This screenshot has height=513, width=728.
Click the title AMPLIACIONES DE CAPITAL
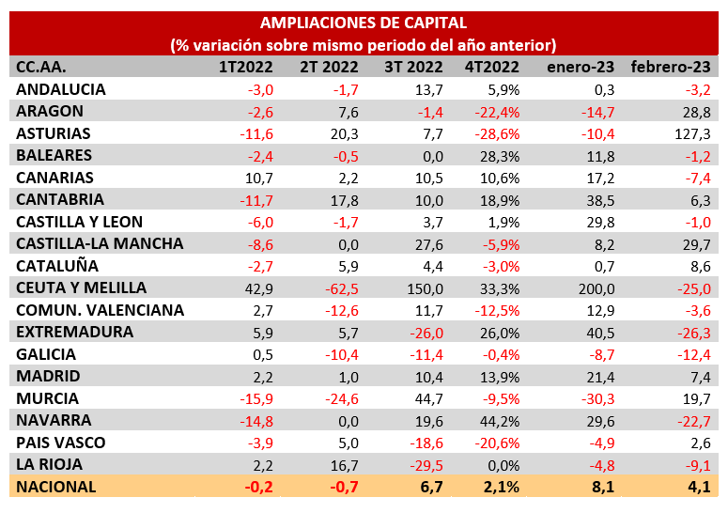click(x=363, y=23)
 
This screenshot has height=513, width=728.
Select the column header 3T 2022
click(x=413, y=67)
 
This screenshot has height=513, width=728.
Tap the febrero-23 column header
click(x=670, y=67)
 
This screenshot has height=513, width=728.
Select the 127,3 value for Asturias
click(x=691, y=133)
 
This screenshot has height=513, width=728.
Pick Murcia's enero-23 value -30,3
click(x=596, y=398)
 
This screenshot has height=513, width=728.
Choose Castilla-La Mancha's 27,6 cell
click(x=427, y=243)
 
